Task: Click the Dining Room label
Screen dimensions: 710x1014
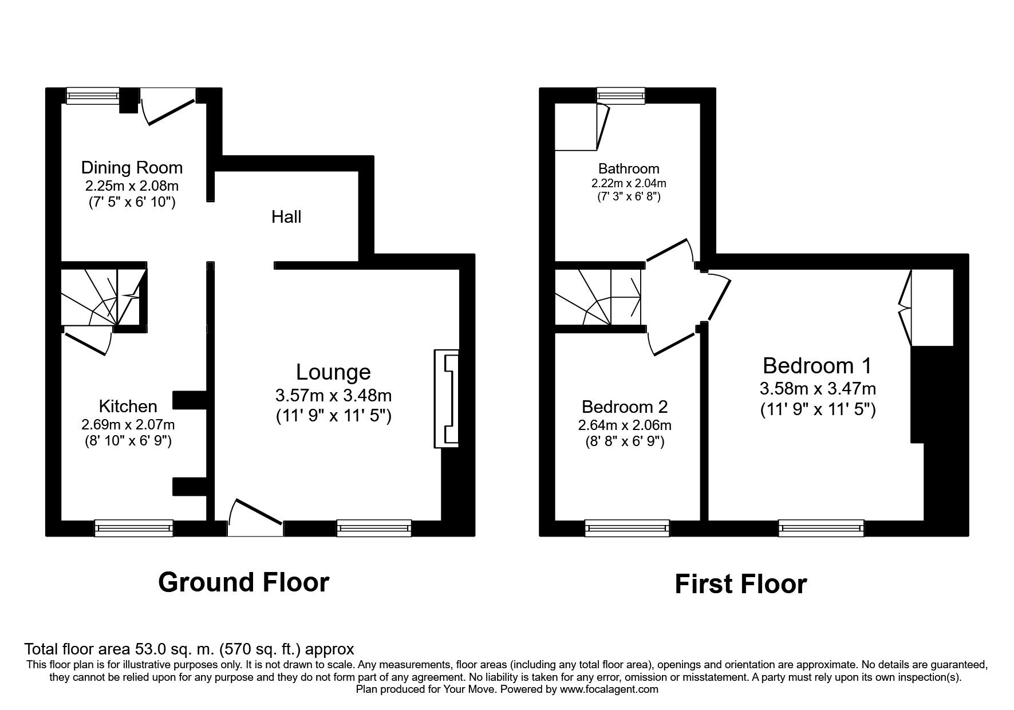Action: pyautogui.click(x=132, y=168)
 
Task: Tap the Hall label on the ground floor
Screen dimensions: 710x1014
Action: pyautogui.click(x=286, y=216)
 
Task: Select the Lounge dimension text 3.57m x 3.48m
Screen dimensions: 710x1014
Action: pyautogui.click(x=333, y=395)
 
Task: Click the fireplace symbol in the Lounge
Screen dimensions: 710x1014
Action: pyautogui.click(x=447, y=399)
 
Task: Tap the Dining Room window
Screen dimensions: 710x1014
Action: pyautogui.click(x=93, y=96)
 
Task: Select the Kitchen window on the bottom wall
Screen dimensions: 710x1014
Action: pyautogui.click(x=134, y=528)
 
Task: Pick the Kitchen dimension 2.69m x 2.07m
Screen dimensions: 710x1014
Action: pyautogui.click(x=128, y=425)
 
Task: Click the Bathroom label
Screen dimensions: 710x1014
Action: pyautogui.click(x=629, y=168)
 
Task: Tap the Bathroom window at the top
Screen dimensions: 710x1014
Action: pyautogui.click(x=621, y=96)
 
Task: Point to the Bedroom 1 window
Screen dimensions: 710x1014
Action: pyautogui.click(x=822, y=528)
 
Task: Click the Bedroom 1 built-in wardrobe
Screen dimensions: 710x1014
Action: pyautogui.click(x=932, y=307)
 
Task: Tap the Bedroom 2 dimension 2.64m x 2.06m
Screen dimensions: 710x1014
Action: pyautogui.click(x=625, y=425)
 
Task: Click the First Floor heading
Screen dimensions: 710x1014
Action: pyautogui.click(x=740, y=584)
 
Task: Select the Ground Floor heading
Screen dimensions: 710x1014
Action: pyautogui.click(x=243, y=582)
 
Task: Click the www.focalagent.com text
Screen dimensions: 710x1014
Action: pyautogui.click(x=609, y=689)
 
